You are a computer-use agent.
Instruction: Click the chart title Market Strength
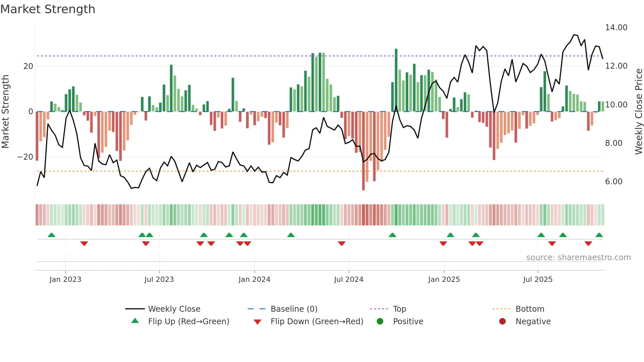pyautogui.click(x=48, y=9)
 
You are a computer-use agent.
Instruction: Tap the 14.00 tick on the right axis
pyautogui.click(x=616, y=28)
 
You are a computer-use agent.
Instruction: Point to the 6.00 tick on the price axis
pyautogui.click(x=613, y=182)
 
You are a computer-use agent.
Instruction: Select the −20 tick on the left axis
pyautogui.click(x=25, y=157)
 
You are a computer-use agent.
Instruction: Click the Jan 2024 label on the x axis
pyautogui.click(x=254, y=280)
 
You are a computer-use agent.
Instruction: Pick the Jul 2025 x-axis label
pyautogui.click(x=538, y=280)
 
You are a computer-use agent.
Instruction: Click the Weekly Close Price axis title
pyautogui.click(x=638, y=111)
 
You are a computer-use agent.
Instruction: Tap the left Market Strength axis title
pyautogui.click(x=5, y=111)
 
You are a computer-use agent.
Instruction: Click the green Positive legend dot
pyautogui.click(x=380, y=322)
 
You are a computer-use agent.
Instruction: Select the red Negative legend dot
pyautogui.click(x=502, y=322)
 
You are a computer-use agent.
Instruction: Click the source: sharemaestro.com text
pyautogui.click(x=578, y=258)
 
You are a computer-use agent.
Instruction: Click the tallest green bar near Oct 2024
pyautogui.click(x=396, y=80)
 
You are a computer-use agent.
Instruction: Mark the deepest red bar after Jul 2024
pyautogui.click(x=363, y=151)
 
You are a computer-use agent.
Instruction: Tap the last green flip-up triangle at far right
pyautogui.click(x=599, y=235)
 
